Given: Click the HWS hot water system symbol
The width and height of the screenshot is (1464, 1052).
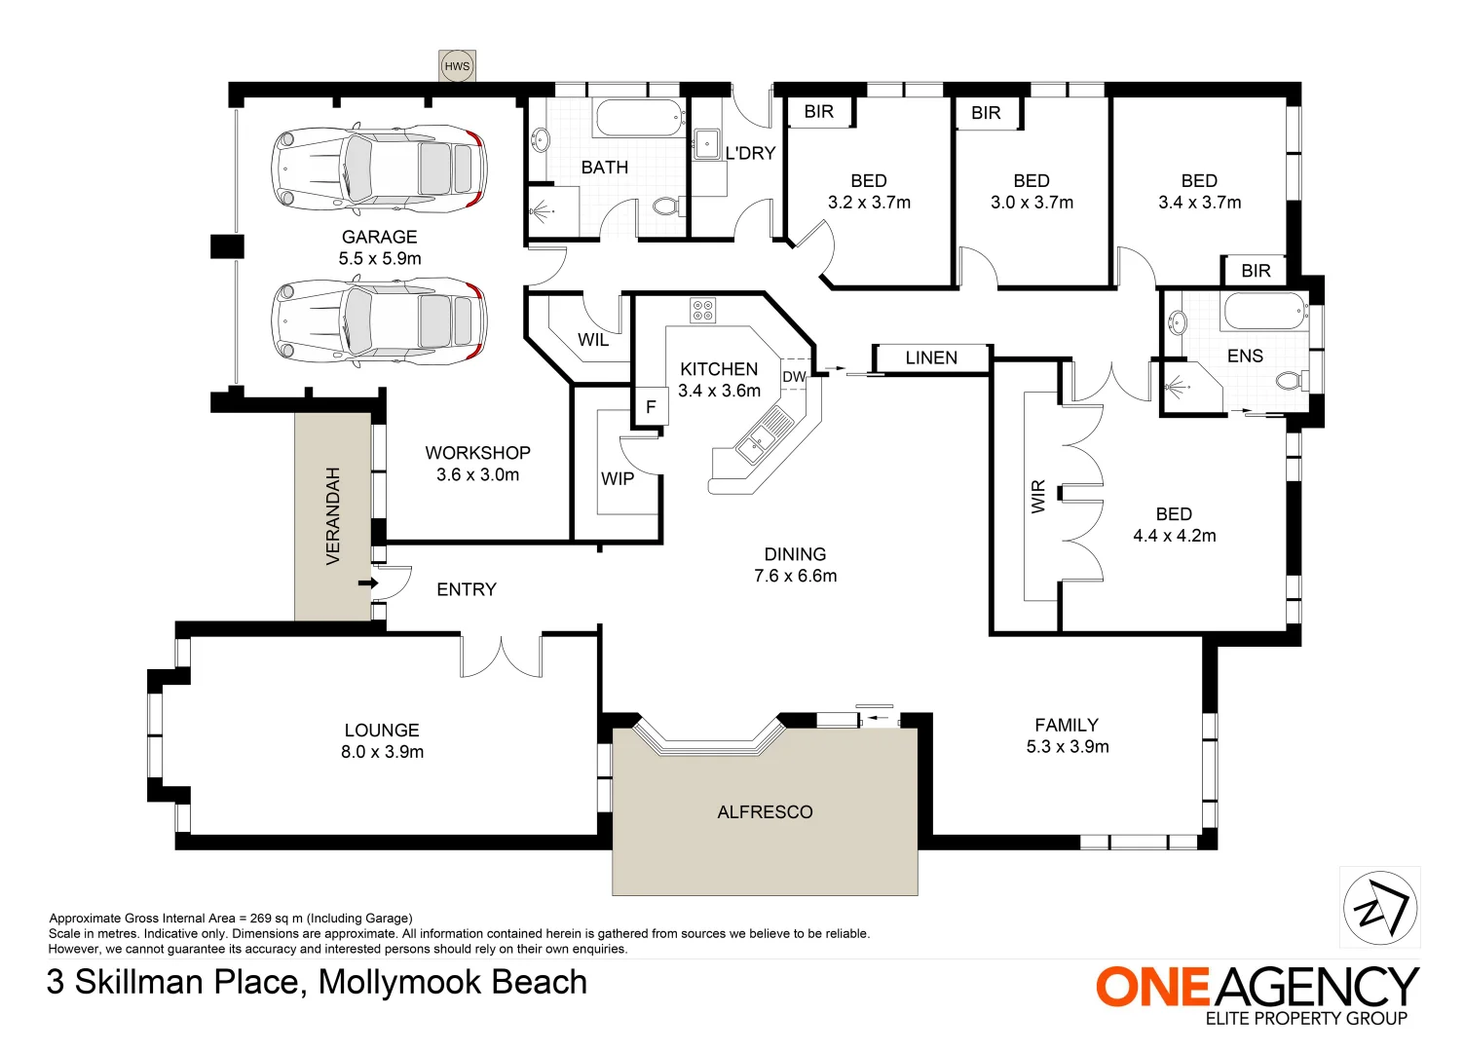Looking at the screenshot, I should [x=457, y=66].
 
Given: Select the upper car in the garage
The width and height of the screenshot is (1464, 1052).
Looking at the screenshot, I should [x=379, y=168].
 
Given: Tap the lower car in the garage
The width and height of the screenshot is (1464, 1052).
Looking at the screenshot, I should [x=379, y=321].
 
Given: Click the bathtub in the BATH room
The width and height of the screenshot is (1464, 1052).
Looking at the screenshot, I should [x=638, y=119].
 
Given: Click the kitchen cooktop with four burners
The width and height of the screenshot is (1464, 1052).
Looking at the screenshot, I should [x=702, y=311].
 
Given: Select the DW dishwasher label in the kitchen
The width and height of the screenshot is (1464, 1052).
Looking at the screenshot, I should [x=794, y=377].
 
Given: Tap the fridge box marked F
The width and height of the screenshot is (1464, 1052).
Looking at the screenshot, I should [x=651, y=407].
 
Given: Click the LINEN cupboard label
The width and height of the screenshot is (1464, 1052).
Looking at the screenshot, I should [x=931, y=357].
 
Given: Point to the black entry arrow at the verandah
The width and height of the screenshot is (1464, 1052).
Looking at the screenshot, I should [x=367, y=582].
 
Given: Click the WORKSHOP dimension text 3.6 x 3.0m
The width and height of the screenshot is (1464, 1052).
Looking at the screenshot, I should [x=477, y=475].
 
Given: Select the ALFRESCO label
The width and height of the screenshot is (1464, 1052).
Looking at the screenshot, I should [x=765, y=811].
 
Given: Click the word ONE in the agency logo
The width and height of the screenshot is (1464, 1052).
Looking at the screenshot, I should [x=1152, y=987].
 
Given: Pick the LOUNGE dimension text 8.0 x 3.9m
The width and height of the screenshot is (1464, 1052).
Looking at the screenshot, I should [x=382, y=752].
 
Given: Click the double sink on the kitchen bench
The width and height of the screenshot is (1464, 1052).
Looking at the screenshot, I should [x=765, y=437].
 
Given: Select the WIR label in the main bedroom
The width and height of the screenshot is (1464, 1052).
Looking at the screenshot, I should [x=1038, y=496].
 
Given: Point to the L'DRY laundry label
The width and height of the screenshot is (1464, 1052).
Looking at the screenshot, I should [x=750, y=153].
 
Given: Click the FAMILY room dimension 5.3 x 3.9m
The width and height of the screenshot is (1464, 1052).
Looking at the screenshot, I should [x=1068, y=747].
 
